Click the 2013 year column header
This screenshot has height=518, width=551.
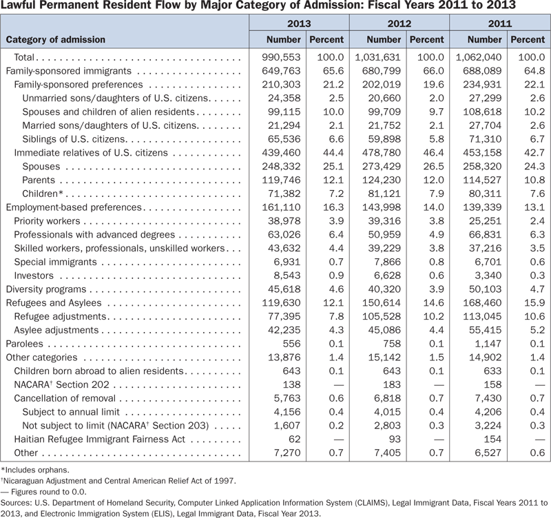tap(299, 23)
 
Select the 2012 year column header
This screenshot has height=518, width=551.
tap(399, 23)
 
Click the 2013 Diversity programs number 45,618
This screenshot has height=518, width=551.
tap(284, 289)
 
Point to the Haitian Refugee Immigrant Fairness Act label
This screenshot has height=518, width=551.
tap(101, 440)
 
